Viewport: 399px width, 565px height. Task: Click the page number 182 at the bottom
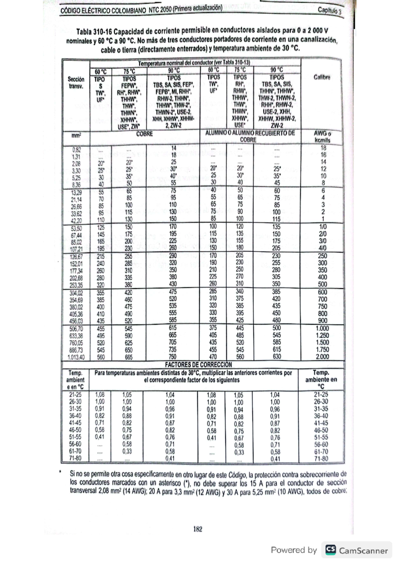198,529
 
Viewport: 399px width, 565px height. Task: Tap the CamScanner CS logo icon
330,550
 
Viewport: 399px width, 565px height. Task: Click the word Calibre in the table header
322,77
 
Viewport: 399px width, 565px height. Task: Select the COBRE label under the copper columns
144,134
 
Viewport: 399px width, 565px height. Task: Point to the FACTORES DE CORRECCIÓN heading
198,364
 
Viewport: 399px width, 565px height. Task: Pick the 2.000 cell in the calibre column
322,357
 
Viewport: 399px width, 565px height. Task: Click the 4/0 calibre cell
322,248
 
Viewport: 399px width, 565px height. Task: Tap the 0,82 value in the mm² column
77,150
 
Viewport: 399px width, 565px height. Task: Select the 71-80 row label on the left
75,458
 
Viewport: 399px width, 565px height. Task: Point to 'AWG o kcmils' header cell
322,137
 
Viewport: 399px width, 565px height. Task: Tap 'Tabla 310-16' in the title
94,32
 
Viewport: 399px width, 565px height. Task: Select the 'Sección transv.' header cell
76,83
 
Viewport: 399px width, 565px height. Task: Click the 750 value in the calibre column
322,306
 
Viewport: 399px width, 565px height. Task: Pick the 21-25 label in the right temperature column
321,394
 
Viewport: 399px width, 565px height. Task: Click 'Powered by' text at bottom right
294,550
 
